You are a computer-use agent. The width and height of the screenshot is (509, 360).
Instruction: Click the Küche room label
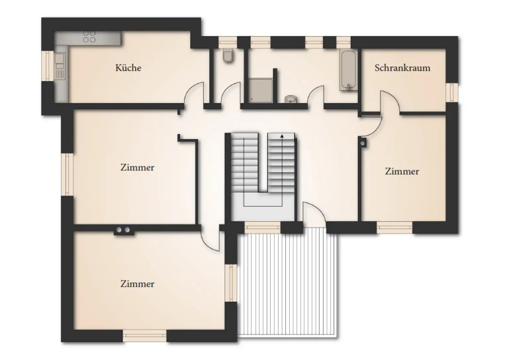[x=128, y=68]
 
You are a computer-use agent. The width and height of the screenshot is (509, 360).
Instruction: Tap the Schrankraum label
[x=402, y=68]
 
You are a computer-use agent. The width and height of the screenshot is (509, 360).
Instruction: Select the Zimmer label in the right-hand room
[x=402, y=171]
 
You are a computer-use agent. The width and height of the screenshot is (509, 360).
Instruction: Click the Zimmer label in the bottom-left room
[x=137, y=284]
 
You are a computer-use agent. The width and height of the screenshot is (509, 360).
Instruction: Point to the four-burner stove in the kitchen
[x=89, y=37]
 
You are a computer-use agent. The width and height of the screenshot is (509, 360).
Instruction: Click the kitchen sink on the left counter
[x=60, y=60]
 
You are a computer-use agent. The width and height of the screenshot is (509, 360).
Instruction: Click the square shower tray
[x=260, y=90]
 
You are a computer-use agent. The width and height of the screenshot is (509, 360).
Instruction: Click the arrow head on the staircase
[x=282, y=136]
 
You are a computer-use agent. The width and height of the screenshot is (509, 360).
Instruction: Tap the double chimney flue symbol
[x=123, y=230]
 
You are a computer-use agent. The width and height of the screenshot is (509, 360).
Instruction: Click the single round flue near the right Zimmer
[x=363, y=143]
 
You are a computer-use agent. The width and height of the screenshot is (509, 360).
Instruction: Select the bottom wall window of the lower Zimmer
[x=144, y=335]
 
